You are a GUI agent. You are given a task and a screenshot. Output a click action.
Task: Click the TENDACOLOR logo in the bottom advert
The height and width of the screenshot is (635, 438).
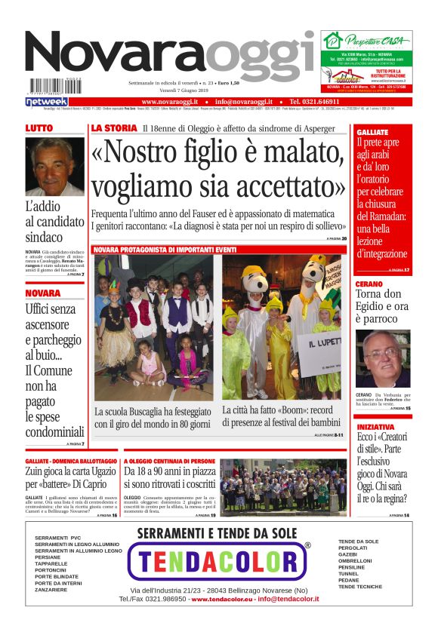[x=219, y=561]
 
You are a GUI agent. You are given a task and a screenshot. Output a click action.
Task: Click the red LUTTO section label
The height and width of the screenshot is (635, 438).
[x=39, y=129]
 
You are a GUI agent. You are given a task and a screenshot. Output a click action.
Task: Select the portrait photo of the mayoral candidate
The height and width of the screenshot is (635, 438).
[x=54, y=167]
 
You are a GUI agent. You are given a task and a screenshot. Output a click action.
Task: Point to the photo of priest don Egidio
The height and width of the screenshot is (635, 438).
[x=383, y=358]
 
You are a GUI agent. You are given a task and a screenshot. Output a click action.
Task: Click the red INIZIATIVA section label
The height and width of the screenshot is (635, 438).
[x=375, y=426]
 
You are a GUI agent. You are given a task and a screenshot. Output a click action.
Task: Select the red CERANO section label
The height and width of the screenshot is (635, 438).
[x=369, y=284]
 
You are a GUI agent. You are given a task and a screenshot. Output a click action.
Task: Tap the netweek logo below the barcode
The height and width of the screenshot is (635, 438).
[x=46, y=101]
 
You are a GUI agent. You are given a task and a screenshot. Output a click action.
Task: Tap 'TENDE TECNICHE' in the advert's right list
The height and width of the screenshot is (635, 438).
[x=360, y=586]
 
